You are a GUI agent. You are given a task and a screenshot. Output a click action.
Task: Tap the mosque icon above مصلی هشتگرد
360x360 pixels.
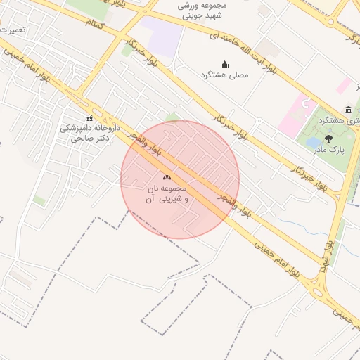pos(224,64)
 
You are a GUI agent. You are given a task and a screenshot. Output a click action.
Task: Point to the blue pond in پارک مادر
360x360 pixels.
pos(313,143)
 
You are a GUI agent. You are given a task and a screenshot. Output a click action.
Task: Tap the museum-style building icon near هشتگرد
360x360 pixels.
pos(349,109)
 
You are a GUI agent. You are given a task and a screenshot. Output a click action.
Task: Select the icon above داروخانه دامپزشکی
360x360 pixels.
pos(89,119)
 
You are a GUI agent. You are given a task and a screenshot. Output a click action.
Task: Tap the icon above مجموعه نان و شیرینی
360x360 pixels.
pos(167,177)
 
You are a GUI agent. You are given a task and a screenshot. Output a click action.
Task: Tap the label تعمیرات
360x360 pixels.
pos(14,31)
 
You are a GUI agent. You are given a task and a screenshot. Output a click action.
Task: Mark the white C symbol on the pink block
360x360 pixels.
pos(304,105)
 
